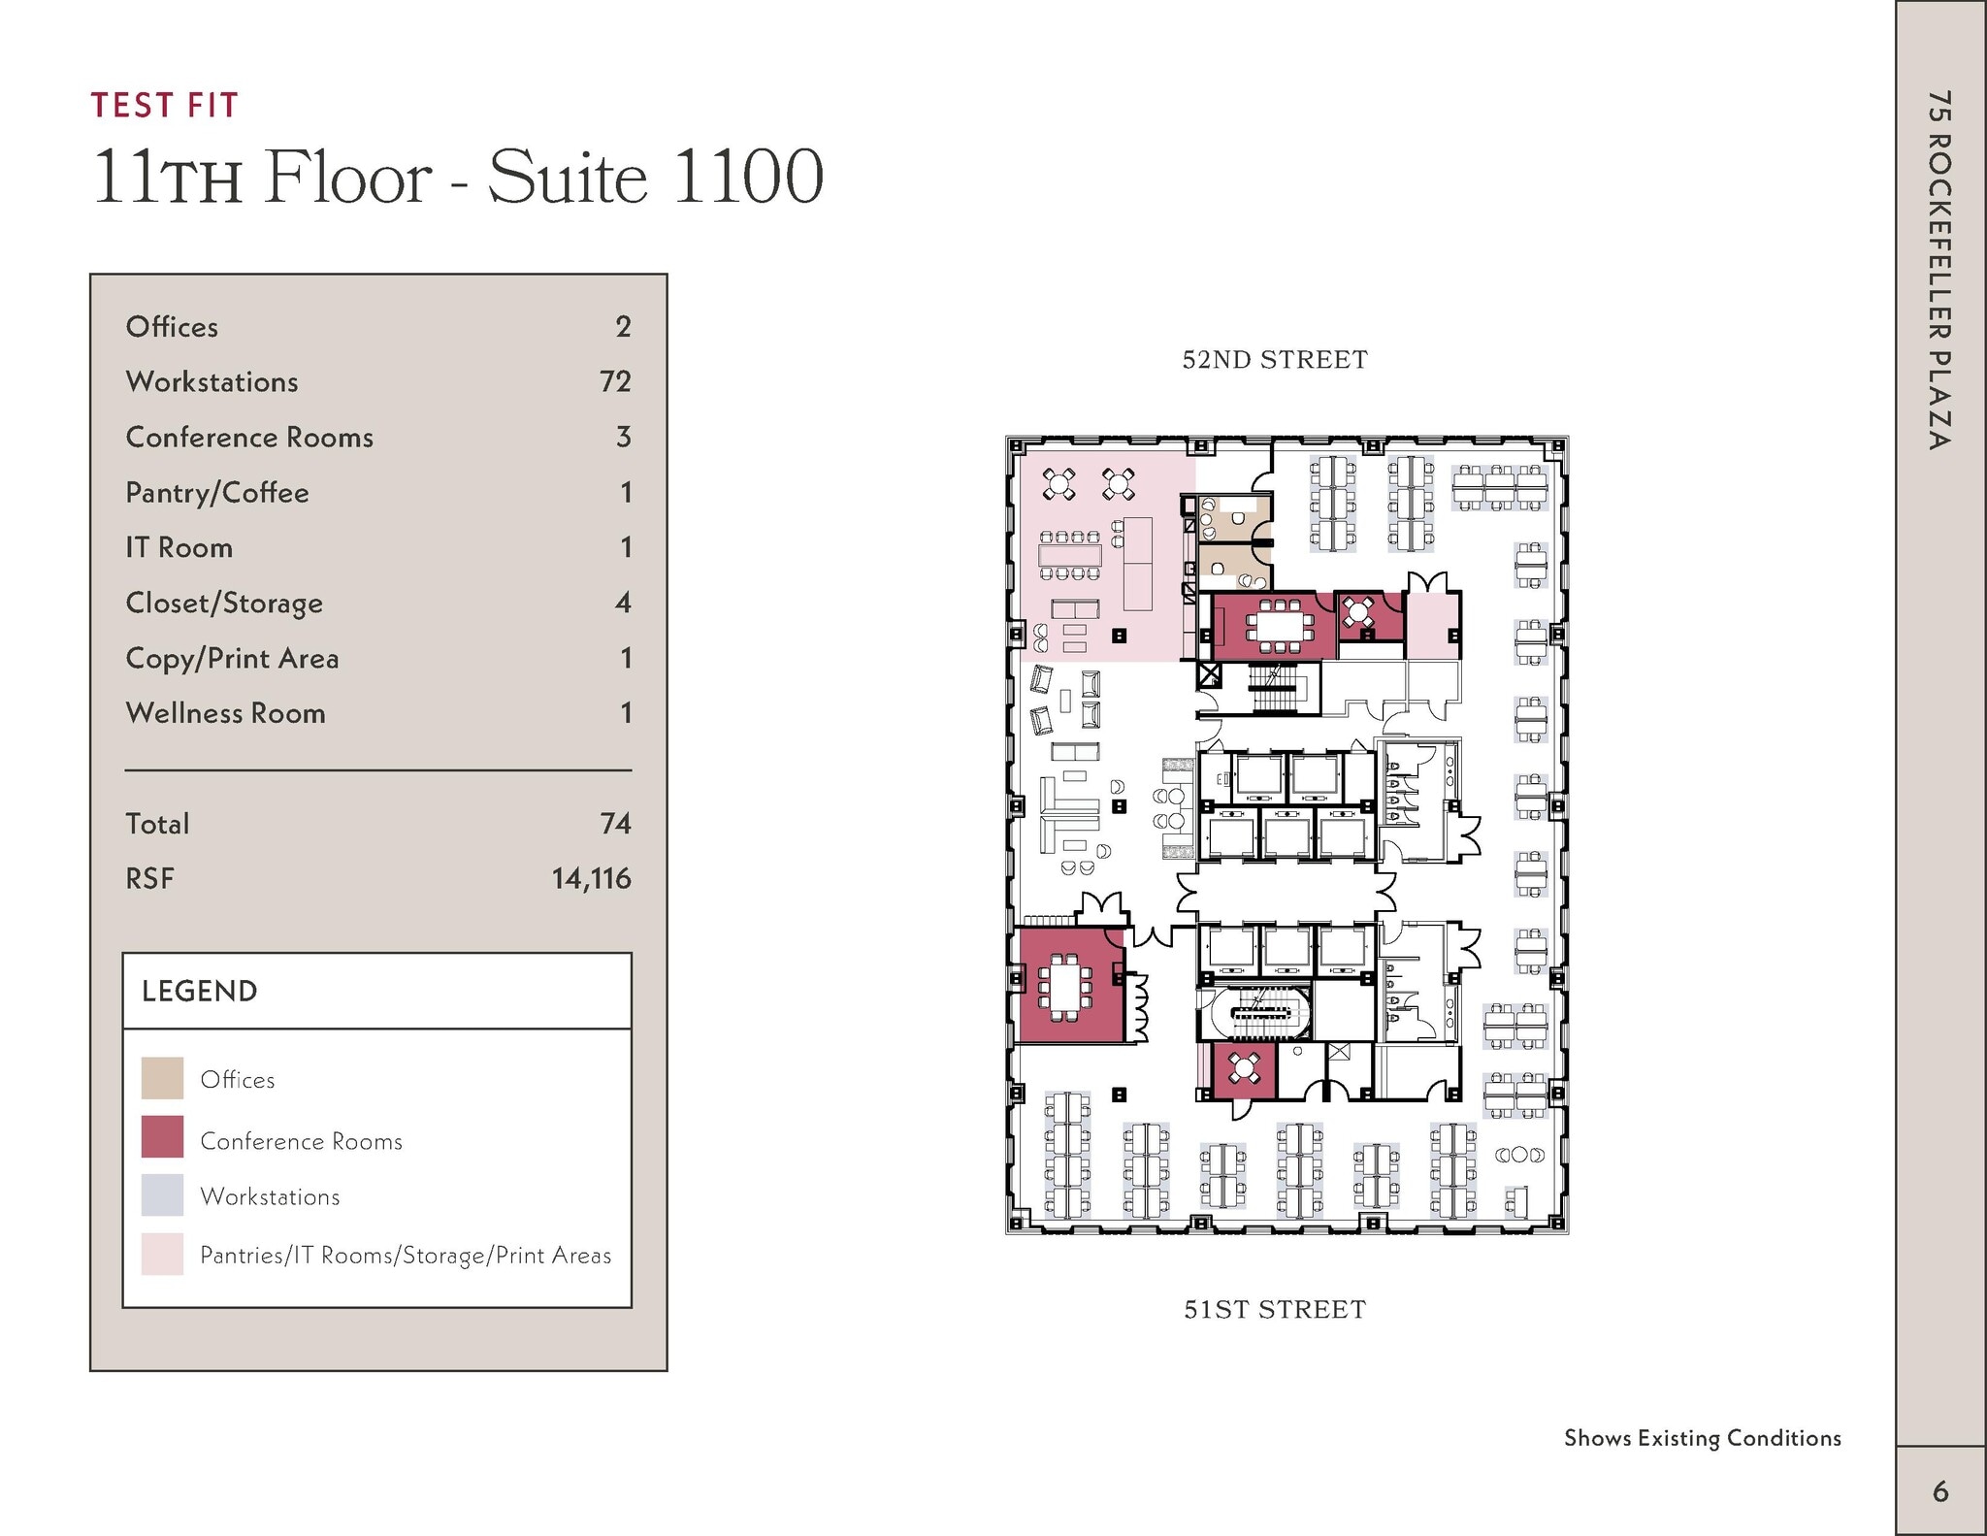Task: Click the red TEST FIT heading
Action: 164,105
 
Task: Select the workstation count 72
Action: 615,381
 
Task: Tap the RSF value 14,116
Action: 591,878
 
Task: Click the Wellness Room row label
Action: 225,713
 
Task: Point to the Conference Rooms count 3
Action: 623,437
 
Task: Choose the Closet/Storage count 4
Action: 623,603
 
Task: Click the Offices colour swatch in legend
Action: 162,1078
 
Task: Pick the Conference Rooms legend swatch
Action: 162,1137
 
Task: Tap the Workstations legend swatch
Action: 162,1195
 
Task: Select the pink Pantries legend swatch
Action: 162,1254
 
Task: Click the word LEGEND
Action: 199,991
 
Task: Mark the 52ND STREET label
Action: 1274,360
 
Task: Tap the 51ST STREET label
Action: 1274,1310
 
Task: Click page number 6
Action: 1939,1491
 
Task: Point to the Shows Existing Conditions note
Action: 1702,1438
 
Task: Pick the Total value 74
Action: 615,824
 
